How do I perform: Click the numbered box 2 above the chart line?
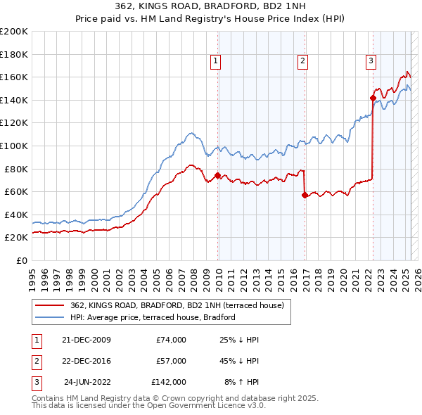tap(302, 62)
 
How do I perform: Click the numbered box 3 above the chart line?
tap(370, 62)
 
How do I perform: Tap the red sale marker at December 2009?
tap(217, 175)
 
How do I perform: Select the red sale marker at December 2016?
tap(305, 195)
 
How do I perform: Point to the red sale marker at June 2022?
tap(373, 98)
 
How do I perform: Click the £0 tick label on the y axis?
tap(21, 260)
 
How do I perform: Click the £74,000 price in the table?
tap(171, 340)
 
